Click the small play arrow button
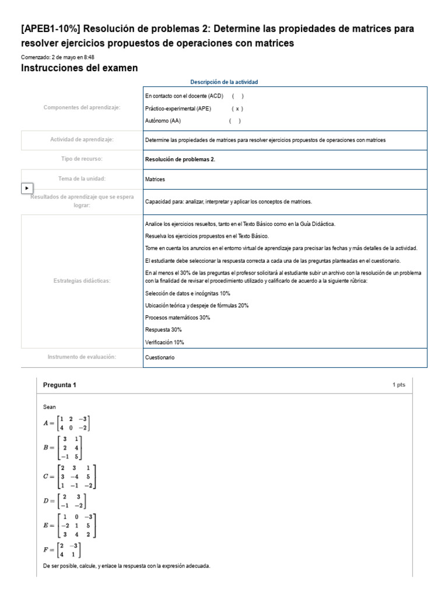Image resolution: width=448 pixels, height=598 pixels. click(27, 188)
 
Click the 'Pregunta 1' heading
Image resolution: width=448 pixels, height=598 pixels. click(60, 385)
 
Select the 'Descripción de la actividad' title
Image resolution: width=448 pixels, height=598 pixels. click(224, 82)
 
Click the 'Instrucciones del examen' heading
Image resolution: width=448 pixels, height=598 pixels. click(79, 68)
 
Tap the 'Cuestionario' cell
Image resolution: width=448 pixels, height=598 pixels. click(159, 357)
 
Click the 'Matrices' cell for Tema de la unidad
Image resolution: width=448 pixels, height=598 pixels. click(155, 179)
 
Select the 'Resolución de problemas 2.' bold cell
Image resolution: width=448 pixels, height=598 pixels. click(180, 159)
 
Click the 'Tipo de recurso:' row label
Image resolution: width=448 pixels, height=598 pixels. click(82, 159)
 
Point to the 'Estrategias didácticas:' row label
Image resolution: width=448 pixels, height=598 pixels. click(82, 281)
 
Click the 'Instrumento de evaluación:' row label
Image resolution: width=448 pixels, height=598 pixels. click(82, 357)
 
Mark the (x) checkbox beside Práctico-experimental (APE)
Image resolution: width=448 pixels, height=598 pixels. click(237, 109)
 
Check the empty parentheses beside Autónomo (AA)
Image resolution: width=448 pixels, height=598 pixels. click(235, 121)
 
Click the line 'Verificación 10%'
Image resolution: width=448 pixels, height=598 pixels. click(164, 342)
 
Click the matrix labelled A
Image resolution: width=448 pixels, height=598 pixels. click(67, 423)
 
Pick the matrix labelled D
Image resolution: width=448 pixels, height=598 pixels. click(65, 501)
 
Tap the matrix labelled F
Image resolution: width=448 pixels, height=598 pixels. click(62, 550)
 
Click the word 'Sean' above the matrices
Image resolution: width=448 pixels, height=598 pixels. click(50, 406)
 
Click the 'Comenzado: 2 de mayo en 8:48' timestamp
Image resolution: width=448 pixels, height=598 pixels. click(58, 57)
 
